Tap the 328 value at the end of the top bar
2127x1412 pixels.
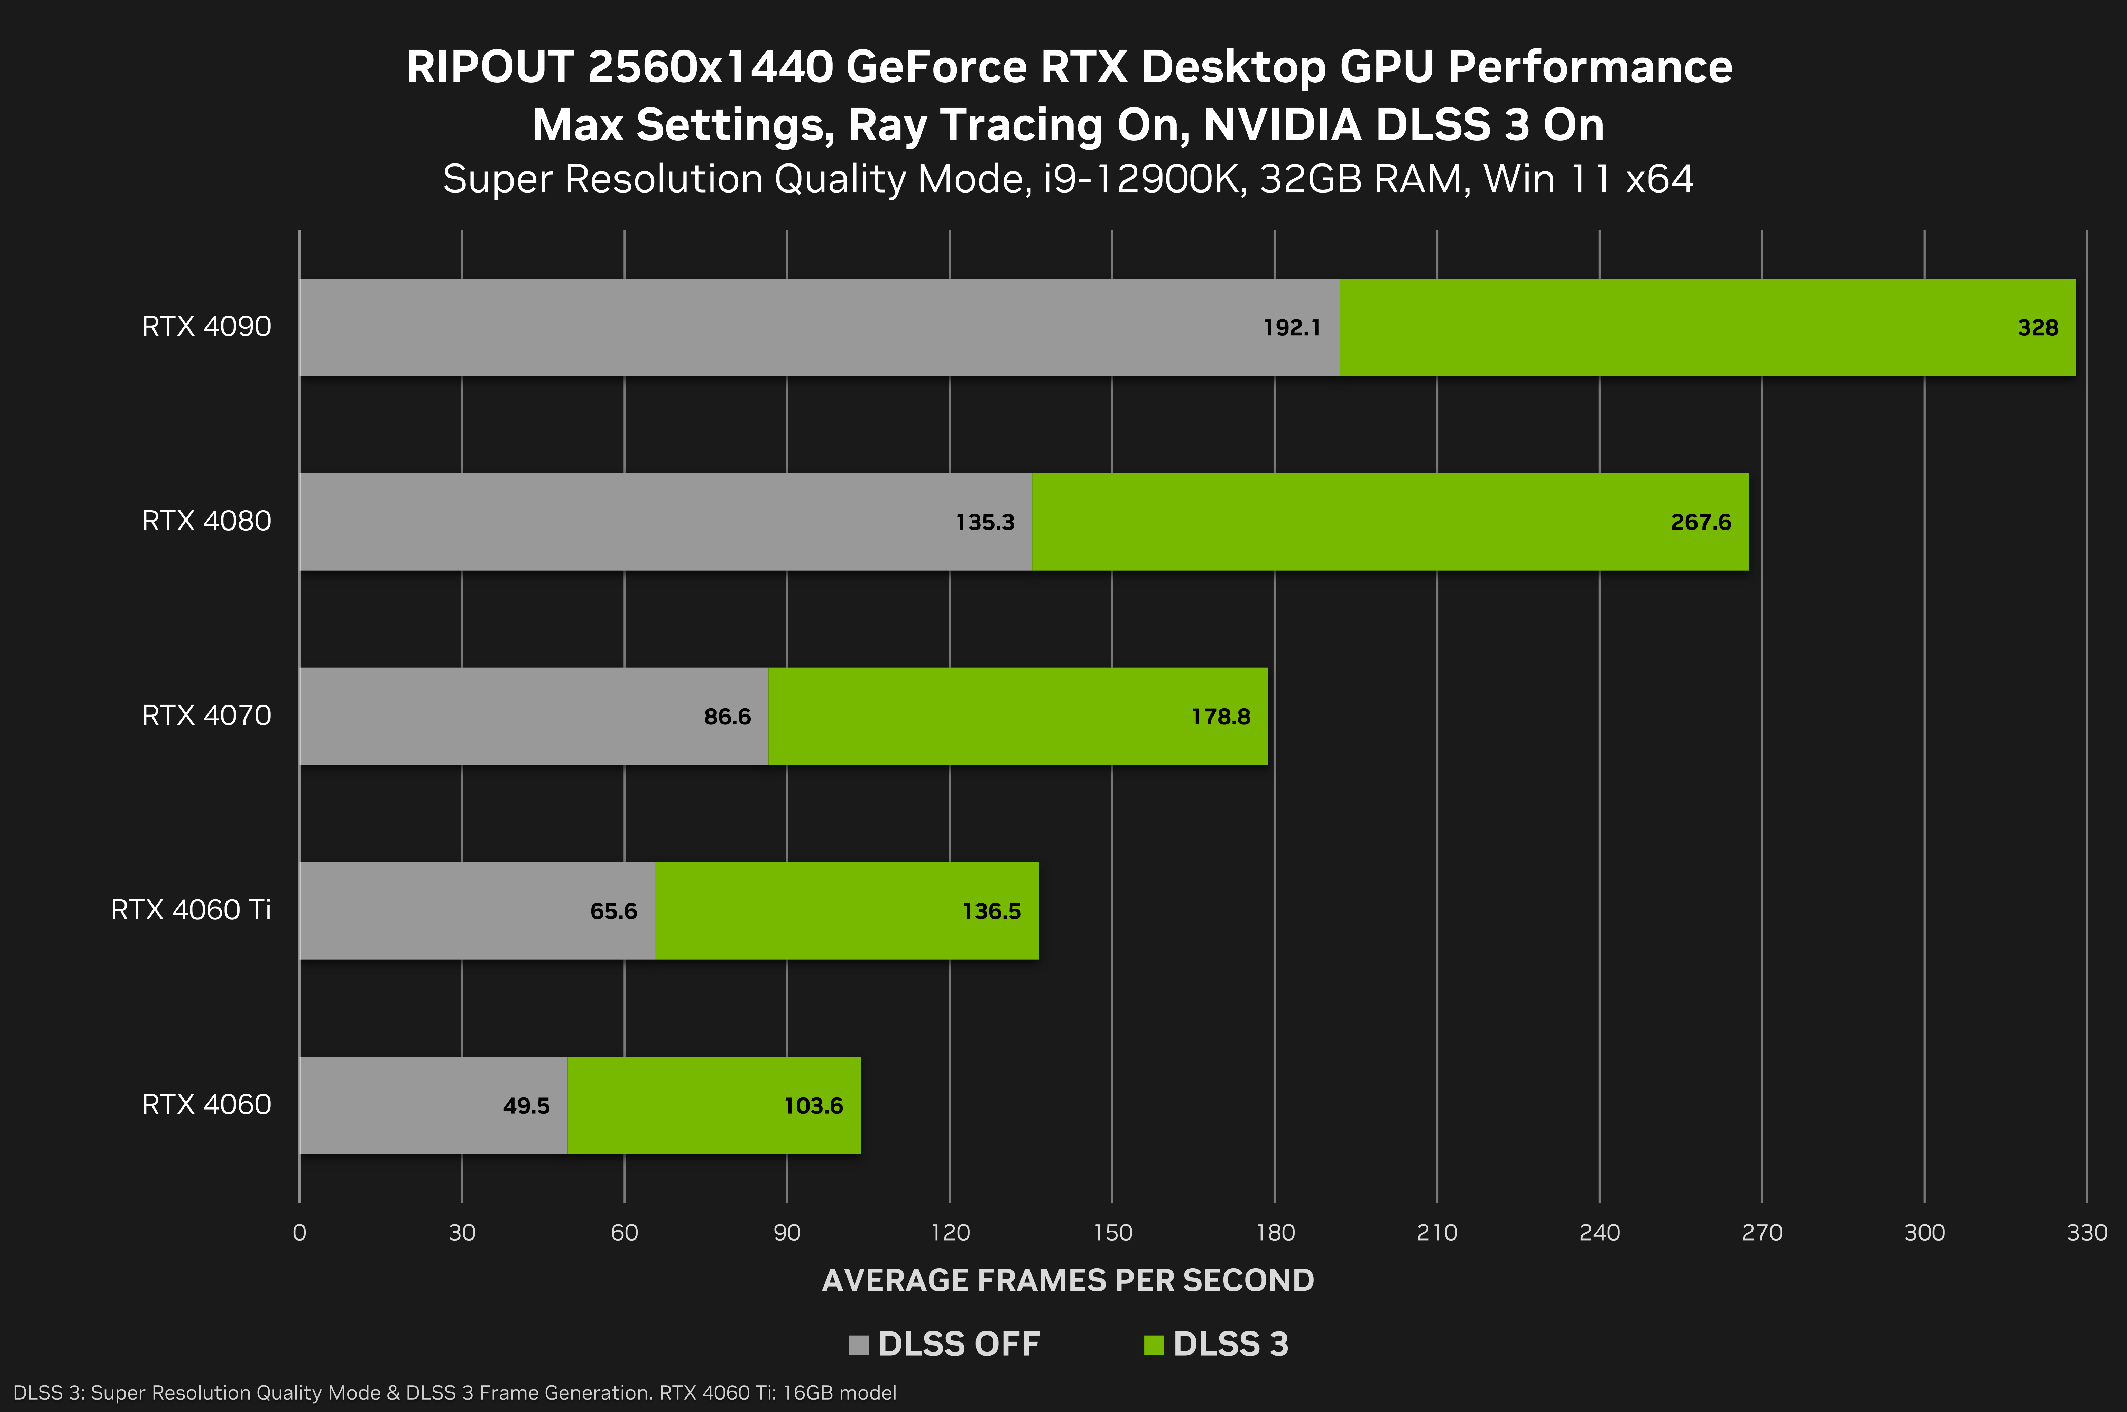pos(2038,328)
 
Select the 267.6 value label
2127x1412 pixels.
pos(1701,522)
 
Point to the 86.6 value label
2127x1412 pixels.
pos(727,717)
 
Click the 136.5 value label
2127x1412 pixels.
pos(991,911)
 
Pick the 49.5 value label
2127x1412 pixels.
pos(526,1106)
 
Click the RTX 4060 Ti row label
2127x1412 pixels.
pos(191,909)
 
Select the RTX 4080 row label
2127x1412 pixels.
pos(206,521)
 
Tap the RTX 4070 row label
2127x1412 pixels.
pos(206,715)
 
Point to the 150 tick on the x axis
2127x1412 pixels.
pos(1112,1232)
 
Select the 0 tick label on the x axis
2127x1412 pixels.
pos(299,1232)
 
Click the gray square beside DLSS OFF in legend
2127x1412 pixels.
pos(859,1345)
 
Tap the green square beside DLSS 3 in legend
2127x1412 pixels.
pos(1153,1345)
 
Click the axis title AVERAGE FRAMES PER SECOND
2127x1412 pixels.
pos(1067,1280)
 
